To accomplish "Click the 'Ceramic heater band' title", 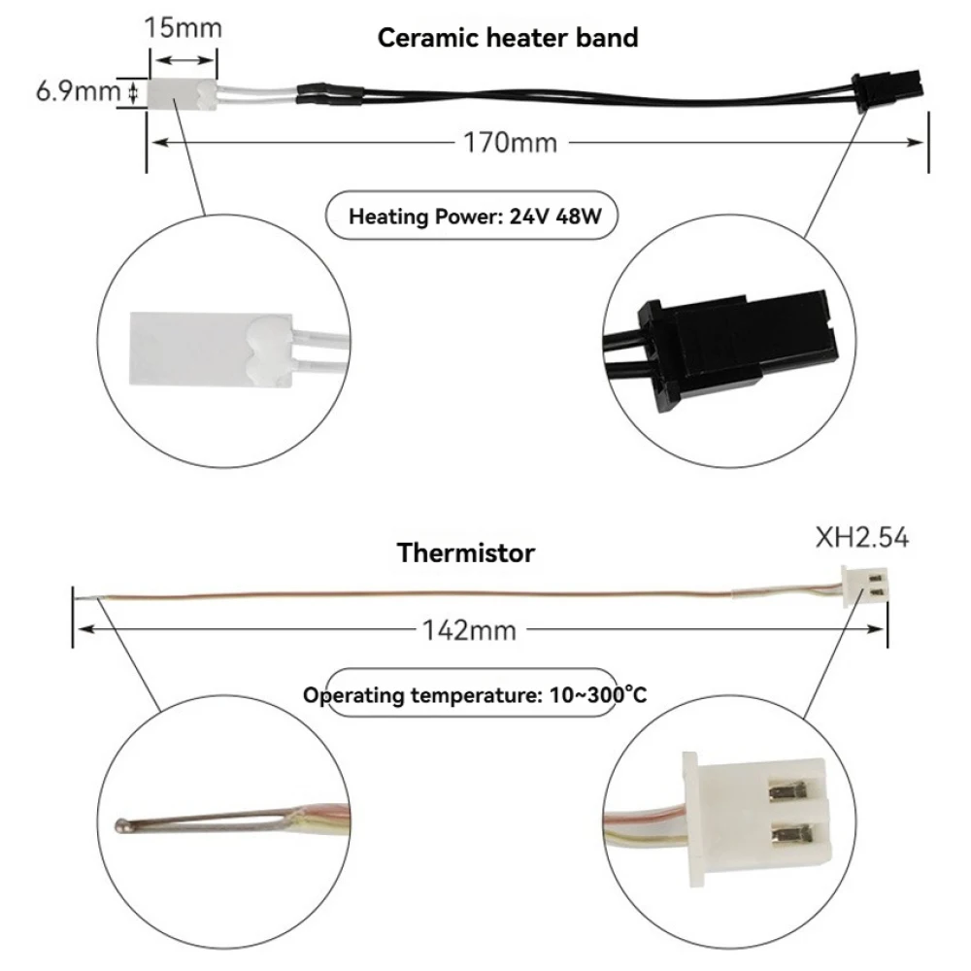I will point(508,38).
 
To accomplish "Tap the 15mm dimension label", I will point(183,27).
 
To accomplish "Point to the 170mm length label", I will point(509,143).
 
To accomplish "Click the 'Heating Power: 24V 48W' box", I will point(470,216).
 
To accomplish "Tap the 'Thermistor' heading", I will point(465,553).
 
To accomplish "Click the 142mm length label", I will point(468,630).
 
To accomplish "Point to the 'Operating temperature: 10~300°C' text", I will point(473,694).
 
